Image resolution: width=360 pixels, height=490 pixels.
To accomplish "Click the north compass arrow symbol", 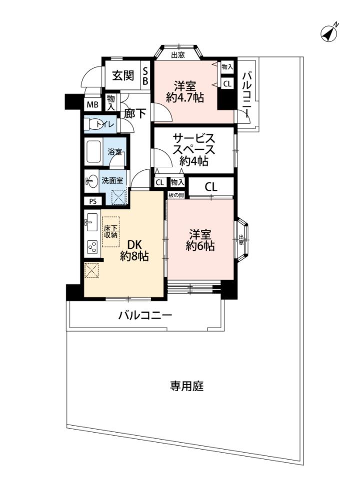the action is click(x=329, y=33).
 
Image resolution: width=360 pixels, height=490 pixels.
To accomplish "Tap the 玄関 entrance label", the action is click(x=123, y=75).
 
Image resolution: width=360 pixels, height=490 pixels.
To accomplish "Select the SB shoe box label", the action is click(x=145, y=76).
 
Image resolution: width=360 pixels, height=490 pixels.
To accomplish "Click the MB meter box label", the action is click(x=92, y=105).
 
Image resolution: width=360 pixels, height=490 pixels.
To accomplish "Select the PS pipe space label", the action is click(x=93, y=202).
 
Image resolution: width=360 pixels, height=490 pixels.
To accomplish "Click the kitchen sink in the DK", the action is click(x=91, y=222).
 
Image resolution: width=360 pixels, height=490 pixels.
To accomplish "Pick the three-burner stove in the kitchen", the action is click(x=92, y=248).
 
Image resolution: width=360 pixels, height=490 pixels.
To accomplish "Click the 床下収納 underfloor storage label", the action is click(x=110, y=232).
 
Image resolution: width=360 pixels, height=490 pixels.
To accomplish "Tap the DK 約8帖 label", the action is click(x=134, y=250).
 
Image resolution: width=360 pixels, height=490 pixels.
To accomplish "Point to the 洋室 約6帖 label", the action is click(x=200, y=240).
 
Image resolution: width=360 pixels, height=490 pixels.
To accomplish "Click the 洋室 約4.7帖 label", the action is click(x=185, y=91).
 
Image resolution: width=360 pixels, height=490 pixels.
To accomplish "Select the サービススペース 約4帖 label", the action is click(x=194, y=149).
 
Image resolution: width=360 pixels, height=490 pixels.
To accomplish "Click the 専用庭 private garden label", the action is click(x=186, y=386).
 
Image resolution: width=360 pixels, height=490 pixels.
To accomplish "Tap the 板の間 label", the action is click(x=176, y=195).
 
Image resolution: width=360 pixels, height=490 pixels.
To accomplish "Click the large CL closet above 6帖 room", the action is click(x=211, y=187).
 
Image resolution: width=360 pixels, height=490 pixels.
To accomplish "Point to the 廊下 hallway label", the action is click(x=135, y=113).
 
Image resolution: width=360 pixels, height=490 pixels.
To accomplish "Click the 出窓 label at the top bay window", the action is click(x=178, y=55).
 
